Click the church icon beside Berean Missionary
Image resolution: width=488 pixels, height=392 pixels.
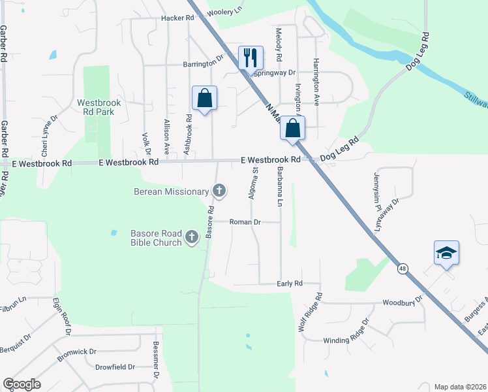[x=220, y=191]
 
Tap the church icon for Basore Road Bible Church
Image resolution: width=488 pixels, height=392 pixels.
[x=192, y=237]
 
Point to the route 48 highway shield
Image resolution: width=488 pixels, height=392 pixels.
[x=403, y=268]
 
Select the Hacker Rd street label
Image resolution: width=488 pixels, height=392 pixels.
[x=174, y=18]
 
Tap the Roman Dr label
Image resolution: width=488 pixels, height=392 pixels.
[x=246, y=222]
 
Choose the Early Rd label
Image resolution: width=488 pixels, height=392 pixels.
[x=290, y=284]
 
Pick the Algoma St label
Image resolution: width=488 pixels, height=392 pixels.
[x=254, y=182]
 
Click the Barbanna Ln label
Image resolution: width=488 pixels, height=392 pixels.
[x=279, y=186]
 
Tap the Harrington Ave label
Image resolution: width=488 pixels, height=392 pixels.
[x=316, y=82]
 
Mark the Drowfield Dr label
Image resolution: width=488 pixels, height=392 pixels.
[x=115, y=367]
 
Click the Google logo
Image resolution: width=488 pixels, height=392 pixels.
[x=22, y=384]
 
